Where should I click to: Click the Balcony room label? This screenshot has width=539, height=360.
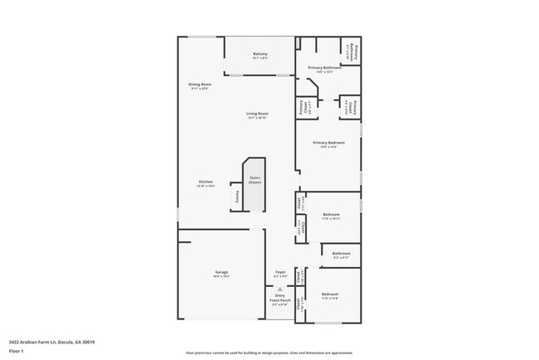point(260,55)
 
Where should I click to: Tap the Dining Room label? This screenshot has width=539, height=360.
point(200,85)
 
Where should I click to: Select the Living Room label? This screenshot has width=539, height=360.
point(257,114)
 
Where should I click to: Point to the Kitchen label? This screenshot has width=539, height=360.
point(206,182)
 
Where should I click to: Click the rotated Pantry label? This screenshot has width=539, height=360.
point(237,197)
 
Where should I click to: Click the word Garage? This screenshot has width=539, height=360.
point(221,272)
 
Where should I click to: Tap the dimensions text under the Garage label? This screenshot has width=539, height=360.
point(221,276)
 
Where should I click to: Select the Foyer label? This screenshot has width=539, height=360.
point(280,272)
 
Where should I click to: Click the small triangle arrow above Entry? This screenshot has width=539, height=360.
point(279,289)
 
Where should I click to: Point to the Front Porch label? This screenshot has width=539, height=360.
point(280,299)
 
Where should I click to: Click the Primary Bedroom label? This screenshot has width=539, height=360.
point(329,143)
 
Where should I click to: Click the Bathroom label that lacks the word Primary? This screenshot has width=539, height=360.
point(342,254)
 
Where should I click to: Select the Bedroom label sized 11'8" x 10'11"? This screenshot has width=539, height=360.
point(331,215)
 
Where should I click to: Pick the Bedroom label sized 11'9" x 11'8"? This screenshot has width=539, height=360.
point(330,294)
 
